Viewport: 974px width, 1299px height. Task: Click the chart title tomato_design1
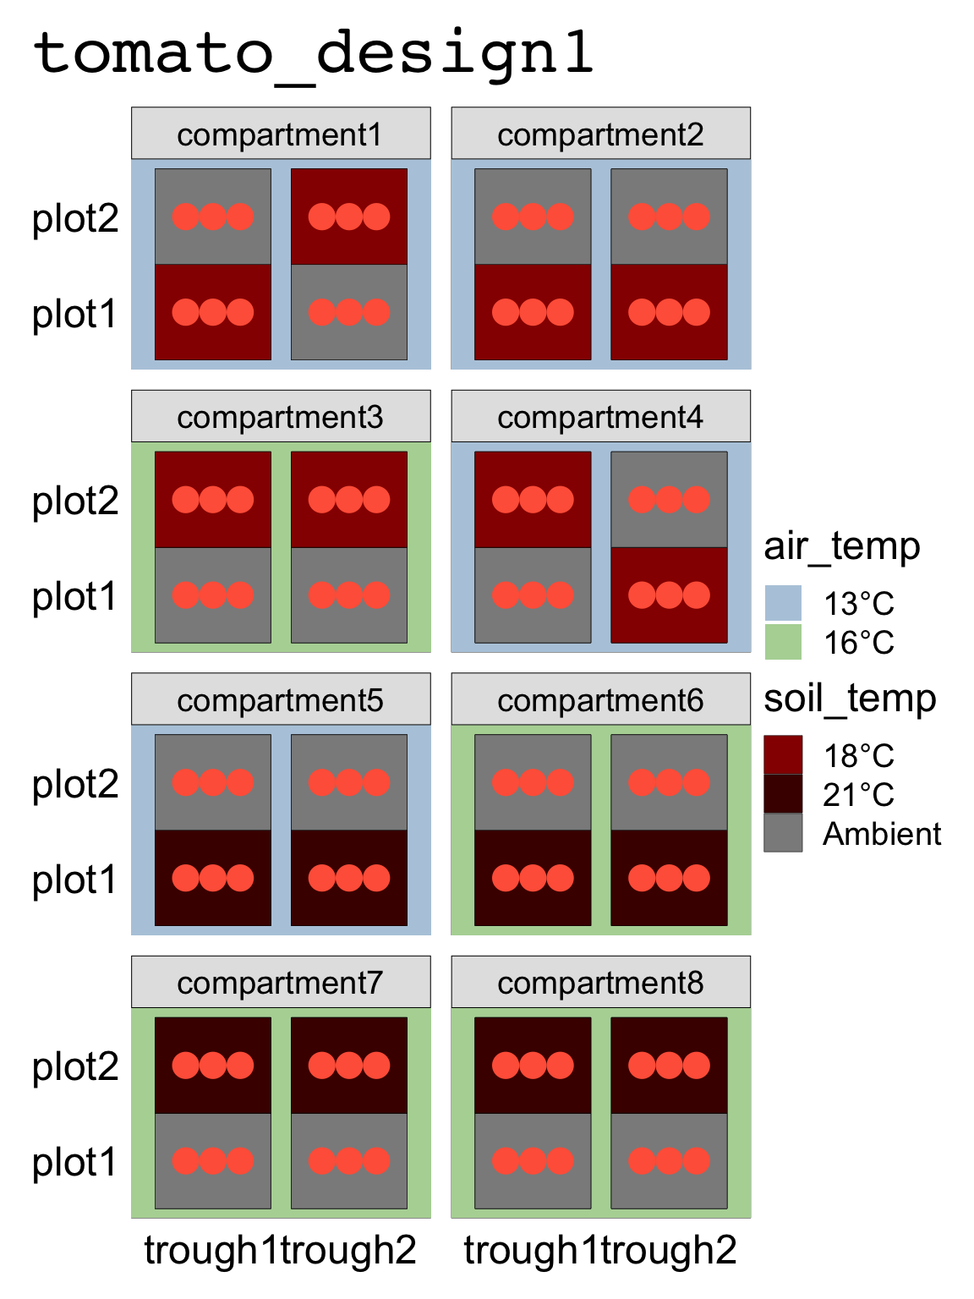313,52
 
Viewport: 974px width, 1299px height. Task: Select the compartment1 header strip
281,134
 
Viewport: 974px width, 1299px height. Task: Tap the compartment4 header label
600,417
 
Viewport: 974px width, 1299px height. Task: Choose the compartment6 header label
600,700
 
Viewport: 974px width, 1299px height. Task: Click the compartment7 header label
281,983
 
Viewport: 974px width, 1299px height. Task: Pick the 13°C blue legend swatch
783,604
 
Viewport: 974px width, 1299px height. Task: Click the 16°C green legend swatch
783,642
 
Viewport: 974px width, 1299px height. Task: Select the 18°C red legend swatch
783,755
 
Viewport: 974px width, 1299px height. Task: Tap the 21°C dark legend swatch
783,794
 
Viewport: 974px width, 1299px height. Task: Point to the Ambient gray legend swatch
783,833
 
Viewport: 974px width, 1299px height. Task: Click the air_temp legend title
842,546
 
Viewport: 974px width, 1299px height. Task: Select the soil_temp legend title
850,699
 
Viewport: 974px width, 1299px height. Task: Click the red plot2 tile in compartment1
349,216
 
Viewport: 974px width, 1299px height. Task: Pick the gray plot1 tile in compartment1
349,312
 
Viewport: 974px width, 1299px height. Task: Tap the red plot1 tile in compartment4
669,595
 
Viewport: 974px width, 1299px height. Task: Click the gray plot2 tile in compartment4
669,500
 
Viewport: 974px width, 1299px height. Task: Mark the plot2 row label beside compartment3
75,501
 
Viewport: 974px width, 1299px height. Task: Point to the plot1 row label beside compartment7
75,1162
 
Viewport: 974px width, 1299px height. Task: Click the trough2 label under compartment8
669,1250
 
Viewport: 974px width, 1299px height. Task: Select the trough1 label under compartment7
211,1250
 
